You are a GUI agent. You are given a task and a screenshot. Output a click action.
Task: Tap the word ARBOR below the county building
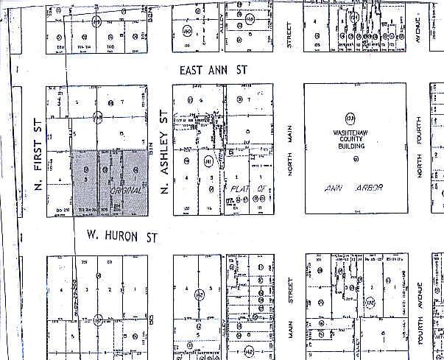click(369, 188)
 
